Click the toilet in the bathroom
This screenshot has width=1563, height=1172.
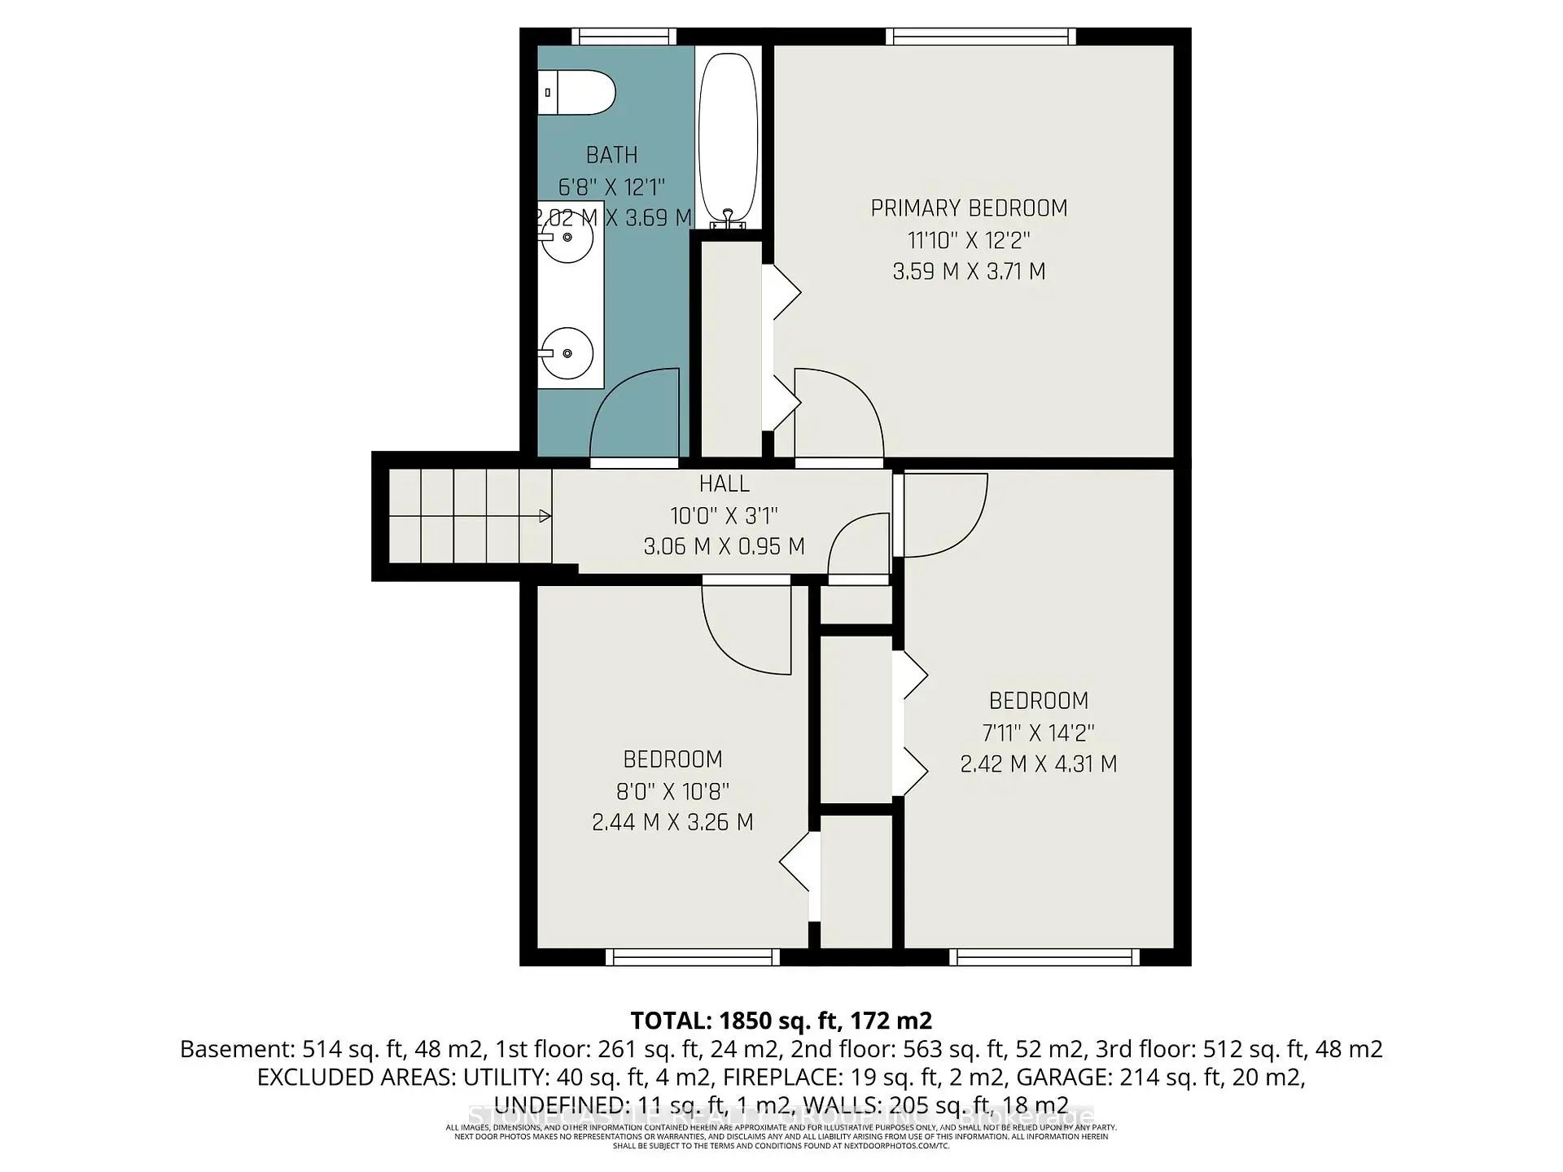click(576, 93)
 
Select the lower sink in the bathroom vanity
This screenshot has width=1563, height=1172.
click(567, 353)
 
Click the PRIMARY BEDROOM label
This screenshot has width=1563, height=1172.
click(969, 208)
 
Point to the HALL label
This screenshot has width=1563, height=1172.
click(724, 484)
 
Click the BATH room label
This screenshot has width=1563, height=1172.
click(611, 155)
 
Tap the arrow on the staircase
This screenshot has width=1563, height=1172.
click(545, 516)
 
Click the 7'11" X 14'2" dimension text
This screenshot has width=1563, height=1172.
click(1038, 732)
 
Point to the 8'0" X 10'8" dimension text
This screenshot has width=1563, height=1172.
click(672, 791)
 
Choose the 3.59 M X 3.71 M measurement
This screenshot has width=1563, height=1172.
click(969, 272)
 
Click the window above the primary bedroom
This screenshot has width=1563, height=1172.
click(981, 37)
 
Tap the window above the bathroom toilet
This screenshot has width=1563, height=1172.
click(624, 37)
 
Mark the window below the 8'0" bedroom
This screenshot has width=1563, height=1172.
click(693, 957)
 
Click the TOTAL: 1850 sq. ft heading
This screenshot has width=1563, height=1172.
click(781, 1021)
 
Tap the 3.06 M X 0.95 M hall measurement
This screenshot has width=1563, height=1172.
click(724, 546)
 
